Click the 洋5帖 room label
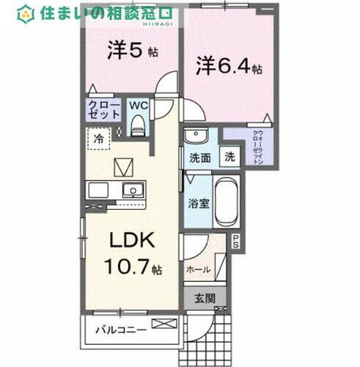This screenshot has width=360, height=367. coord(131,52)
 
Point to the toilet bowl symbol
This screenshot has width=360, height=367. coord(137,126)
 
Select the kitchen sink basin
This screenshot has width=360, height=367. coord(133,190)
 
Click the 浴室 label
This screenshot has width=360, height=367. coord(197,203)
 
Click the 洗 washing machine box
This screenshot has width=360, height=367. coord(229,156)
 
